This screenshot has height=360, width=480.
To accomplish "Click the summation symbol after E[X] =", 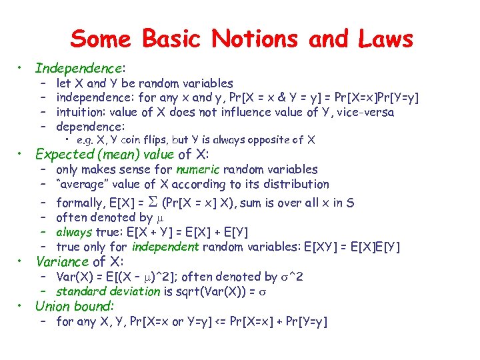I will (x=153, y=203).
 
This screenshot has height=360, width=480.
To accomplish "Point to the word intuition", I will (x=80, y=112).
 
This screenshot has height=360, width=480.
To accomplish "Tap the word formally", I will (x=81, y=203).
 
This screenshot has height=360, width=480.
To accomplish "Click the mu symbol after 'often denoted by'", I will (x=159, y=217).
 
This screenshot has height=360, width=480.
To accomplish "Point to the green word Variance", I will (x=62, y=261).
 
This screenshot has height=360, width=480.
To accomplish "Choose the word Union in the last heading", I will (x=52, y=307).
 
